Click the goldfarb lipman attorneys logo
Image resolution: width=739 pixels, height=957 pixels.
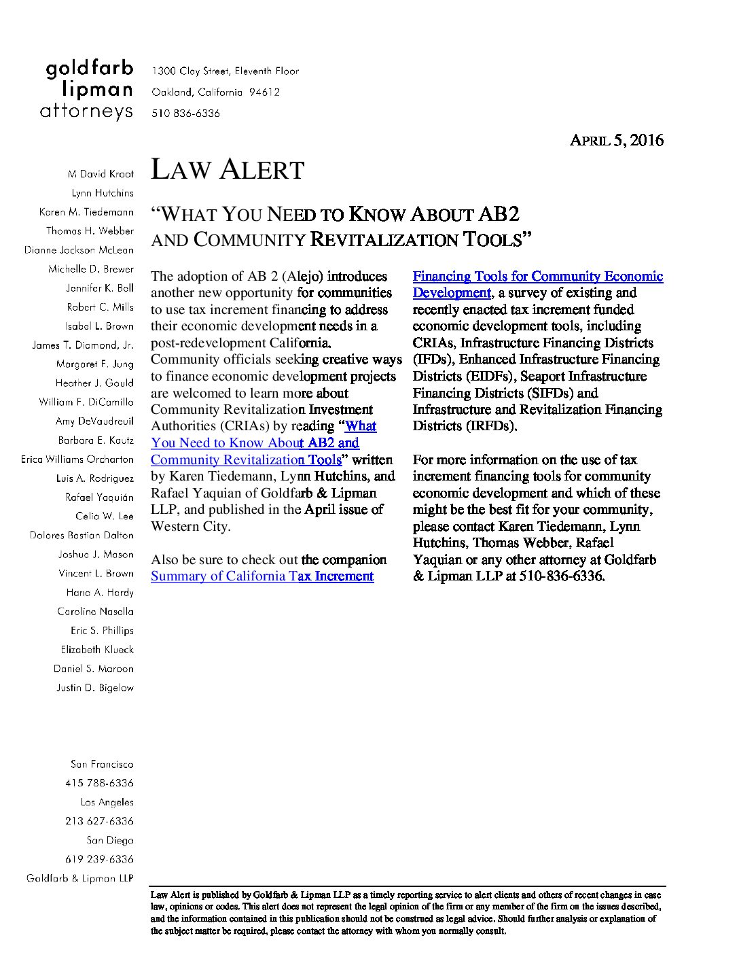[87, 90]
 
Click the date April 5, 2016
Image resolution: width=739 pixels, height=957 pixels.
[616, 141]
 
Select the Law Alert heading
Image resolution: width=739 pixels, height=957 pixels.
[227, 170]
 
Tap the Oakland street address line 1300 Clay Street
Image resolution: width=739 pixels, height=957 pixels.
[225, 71]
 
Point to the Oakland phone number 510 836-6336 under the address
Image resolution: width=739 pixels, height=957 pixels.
[185, 114]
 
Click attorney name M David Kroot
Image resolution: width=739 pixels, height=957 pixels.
[101, 174]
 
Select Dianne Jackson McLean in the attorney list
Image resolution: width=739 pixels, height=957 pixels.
[79, 250]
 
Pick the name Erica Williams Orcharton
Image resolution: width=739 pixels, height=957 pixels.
[77, 459]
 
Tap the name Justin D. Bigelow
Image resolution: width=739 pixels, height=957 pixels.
[95, 688]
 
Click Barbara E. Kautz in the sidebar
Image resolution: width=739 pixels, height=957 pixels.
[96, 440]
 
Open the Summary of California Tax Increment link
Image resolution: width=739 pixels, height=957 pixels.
[262, 576]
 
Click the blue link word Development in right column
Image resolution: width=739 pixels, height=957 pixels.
[451, 293]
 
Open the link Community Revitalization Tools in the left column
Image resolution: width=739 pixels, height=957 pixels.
[245, 460]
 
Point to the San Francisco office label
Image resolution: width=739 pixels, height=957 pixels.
[102, 765]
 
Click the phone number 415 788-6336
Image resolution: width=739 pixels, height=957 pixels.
[99, 784]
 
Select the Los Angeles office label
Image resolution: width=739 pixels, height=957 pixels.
[107, 803]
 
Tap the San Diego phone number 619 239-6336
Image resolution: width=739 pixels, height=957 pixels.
[99, 860]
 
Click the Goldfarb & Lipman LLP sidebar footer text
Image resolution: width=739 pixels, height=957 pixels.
[80, 879]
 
